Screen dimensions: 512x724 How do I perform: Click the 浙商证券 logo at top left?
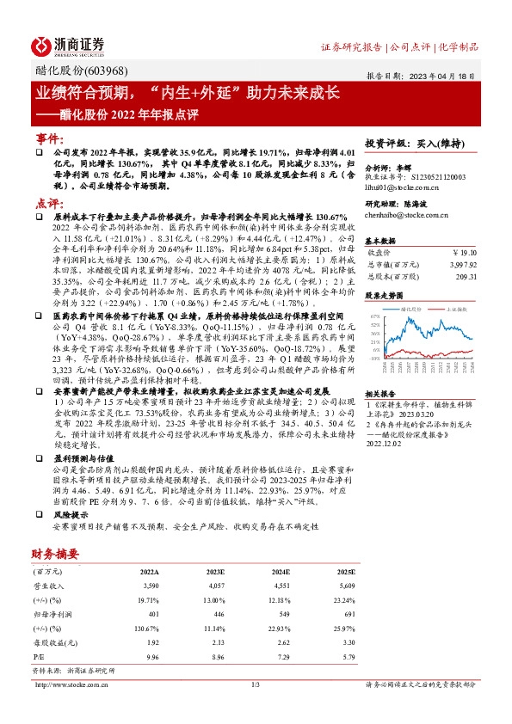(68, 45)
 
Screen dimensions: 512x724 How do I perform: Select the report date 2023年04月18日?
(443, 76)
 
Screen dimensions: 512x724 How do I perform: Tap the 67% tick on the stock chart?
(374, 316)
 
